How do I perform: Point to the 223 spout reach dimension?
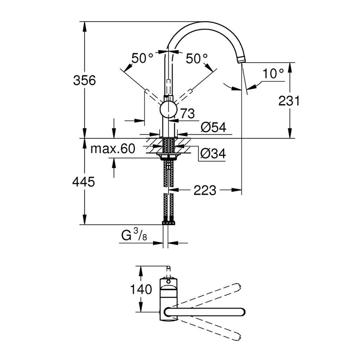coord(205,191)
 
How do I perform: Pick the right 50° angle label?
coord(197,58)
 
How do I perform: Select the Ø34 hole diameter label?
coord(213,155)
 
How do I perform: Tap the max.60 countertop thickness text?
coord(113,149)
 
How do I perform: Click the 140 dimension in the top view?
coord(141,290)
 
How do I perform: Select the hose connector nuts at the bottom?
coord(169,222)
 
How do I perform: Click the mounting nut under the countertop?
coord(169,156)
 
